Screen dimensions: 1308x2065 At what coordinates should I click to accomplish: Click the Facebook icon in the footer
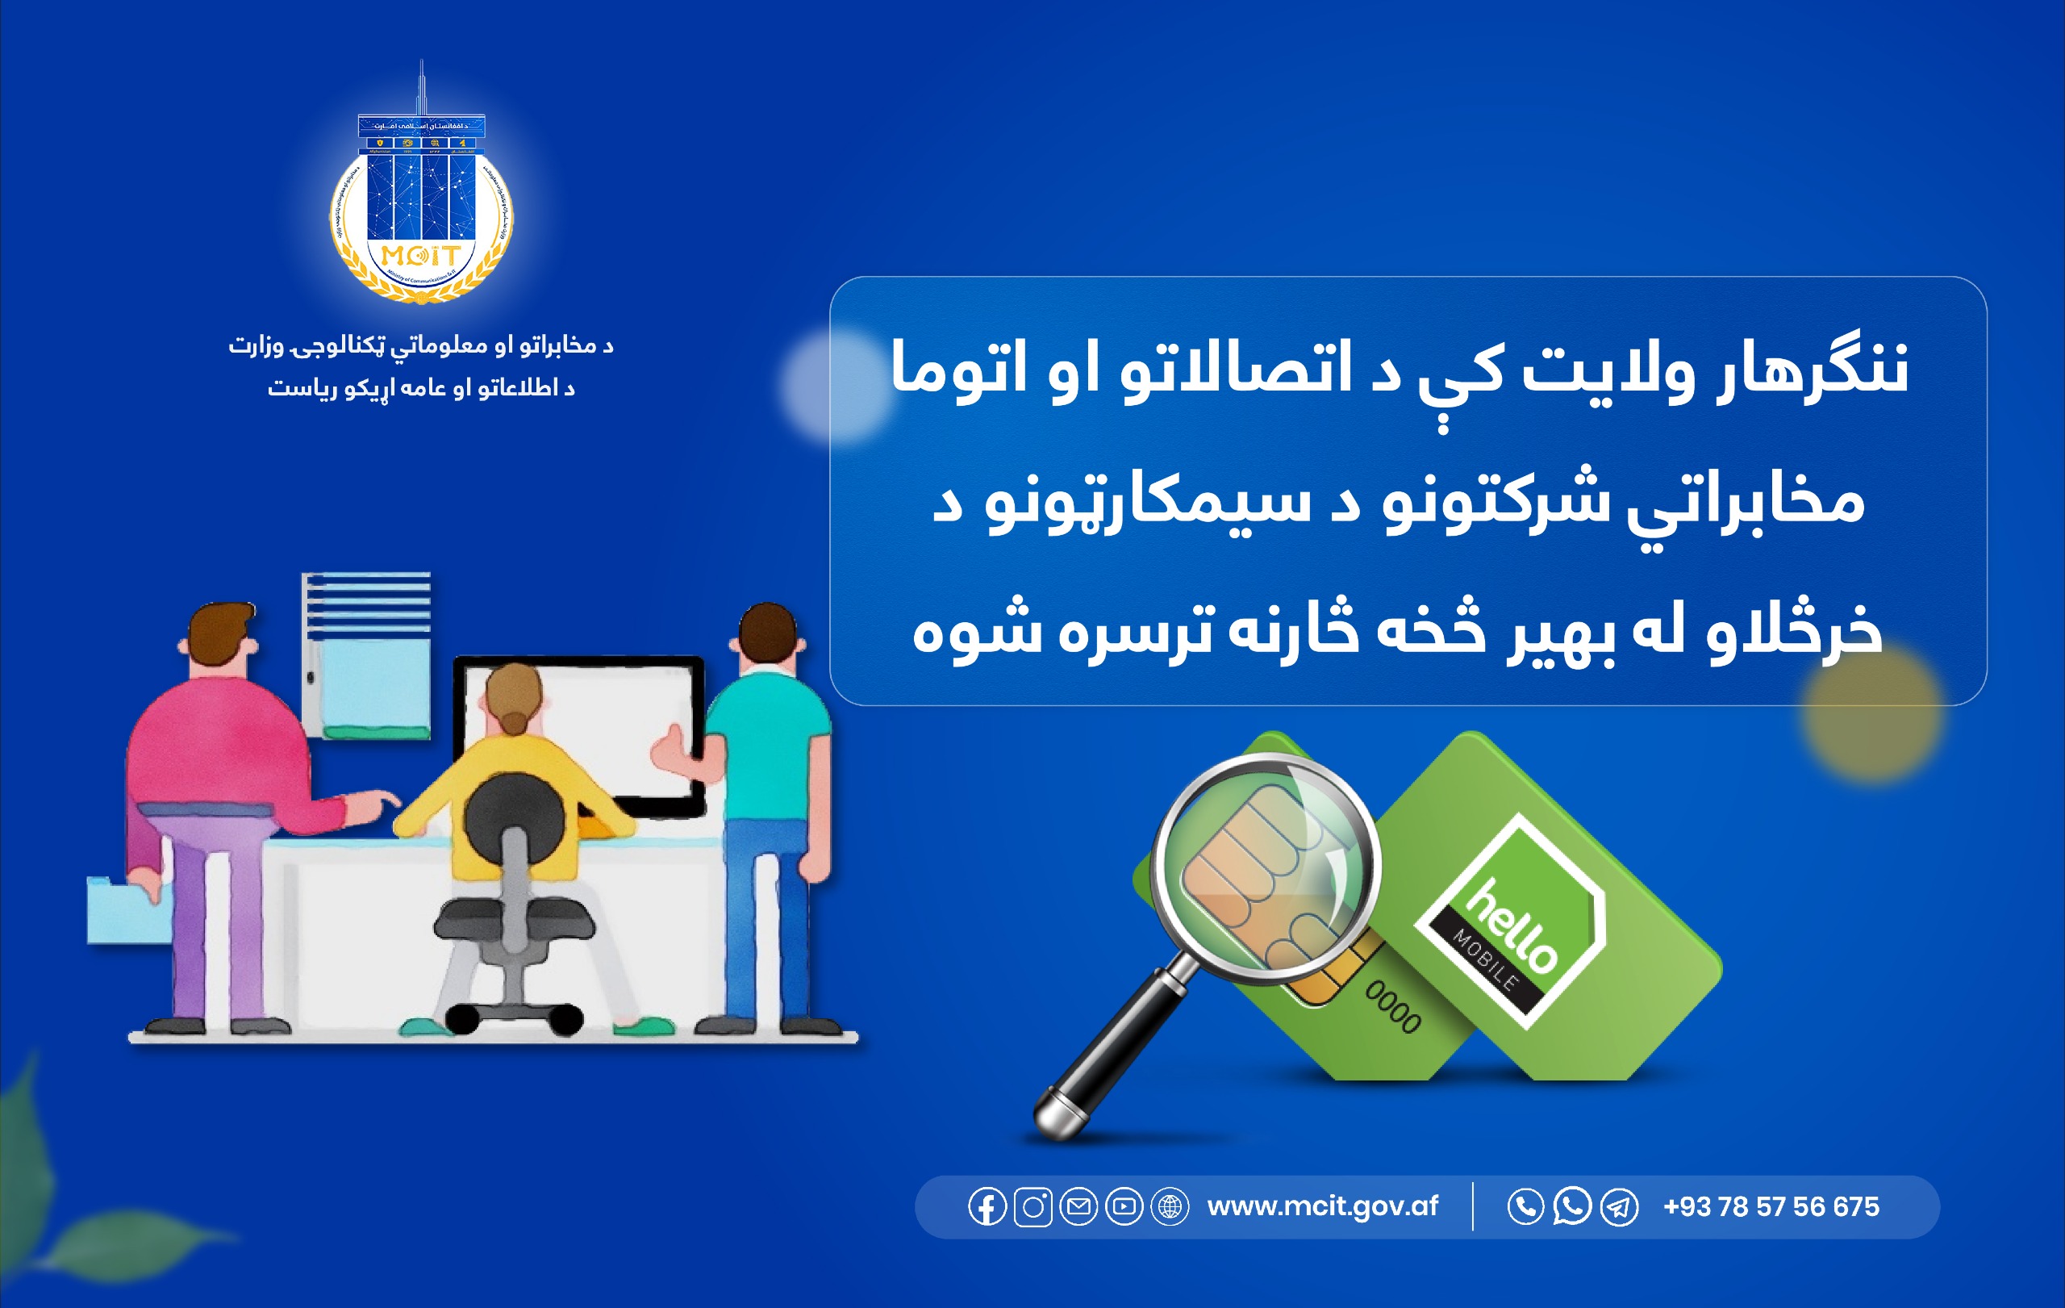point(987,1207)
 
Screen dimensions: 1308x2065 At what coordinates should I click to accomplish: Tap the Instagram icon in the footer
point(1032,1207)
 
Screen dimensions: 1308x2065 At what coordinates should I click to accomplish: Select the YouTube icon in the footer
point(1124,1207)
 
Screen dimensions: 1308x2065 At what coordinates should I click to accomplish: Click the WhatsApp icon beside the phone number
point(1571,1206)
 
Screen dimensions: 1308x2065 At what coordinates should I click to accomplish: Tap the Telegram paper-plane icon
point(1619,1208)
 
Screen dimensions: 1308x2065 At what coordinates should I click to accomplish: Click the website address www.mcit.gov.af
point(1321,1207)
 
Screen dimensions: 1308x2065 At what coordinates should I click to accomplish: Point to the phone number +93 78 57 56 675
point(1771,1207)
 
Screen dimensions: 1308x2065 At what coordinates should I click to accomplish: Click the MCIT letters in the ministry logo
point(420,255)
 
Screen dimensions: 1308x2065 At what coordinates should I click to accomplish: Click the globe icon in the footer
point(1170,1207)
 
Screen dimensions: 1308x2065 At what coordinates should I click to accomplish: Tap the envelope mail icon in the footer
point(1078,1207)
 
